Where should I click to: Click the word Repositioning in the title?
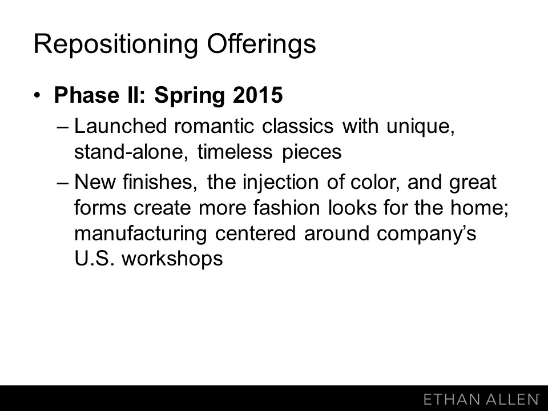(116, 45)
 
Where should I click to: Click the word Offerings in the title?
(261, 44)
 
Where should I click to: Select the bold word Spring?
(189, 96)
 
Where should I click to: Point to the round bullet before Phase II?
(38, 95)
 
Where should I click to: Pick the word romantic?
(214, 126)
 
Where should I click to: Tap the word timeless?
(235, 152)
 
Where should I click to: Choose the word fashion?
(287, 208)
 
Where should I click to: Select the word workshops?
(172, 259)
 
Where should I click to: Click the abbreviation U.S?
(94, 259)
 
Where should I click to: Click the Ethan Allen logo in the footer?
(481, 399)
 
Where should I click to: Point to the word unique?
(421, 127)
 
